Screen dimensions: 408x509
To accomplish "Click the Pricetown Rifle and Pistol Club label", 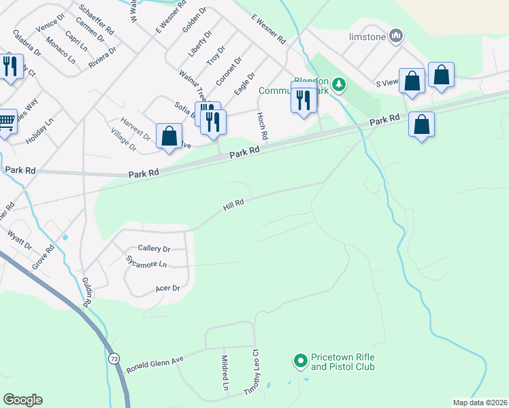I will click(343, 362).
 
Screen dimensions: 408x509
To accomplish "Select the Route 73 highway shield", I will click(112, 357).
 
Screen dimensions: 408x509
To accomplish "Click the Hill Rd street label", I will click(233, 204).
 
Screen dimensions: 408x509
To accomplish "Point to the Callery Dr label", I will click(153, 249).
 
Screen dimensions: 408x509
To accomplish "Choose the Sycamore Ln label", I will click(146, 263).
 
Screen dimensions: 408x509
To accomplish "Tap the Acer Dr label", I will click(167, 288).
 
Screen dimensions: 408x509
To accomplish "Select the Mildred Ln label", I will click(225, 372).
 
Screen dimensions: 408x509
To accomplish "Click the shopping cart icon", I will click(6, 122).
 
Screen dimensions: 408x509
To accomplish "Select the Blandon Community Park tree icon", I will click(336, 85).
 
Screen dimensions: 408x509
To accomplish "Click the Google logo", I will click(22, 400).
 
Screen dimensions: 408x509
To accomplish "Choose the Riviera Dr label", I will click(103, 58).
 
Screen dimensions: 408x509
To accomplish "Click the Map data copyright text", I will click(479, 403).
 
